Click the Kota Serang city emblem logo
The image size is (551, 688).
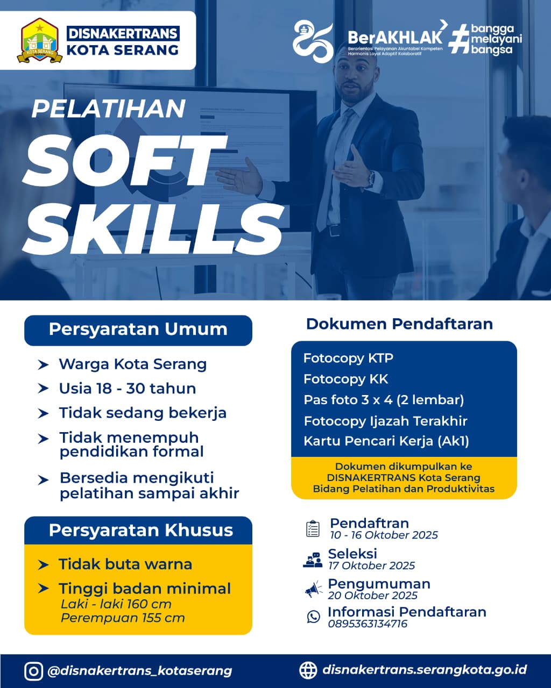40,41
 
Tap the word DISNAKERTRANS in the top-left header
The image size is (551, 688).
123,33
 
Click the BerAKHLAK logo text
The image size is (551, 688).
395,38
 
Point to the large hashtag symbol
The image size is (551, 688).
460,41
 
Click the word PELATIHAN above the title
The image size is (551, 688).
109,109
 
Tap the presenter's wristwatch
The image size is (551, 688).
371,180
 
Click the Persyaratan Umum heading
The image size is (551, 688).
138,329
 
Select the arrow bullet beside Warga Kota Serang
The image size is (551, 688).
43,364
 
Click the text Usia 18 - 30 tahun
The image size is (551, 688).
128,389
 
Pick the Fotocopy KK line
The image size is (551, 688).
346,379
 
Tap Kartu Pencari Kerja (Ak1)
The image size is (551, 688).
386,441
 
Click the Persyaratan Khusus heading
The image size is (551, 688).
141,531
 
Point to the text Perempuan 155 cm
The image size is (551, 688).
123,618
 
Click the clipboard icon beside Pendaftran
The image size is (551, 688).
313,528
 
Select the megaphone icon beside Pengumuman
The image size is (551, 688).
313,589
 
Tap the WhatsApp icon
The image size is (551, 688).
314,617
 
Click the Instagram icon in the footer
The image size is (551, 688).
33,671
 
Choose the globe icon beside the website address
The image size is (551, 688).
308,670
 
